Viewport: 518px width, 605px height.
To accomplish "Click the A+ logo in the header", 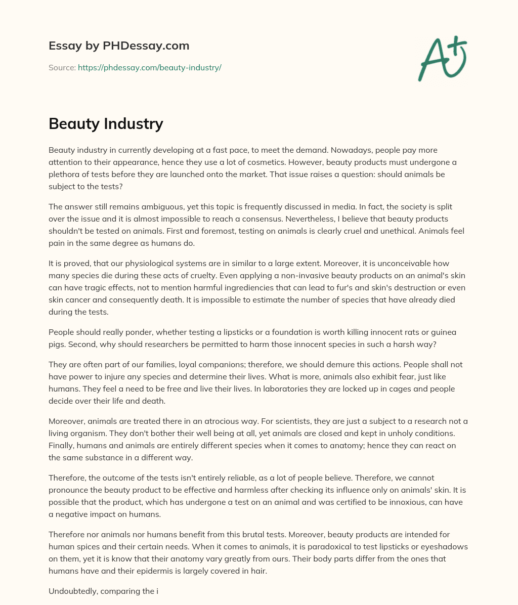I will tap(442, 60).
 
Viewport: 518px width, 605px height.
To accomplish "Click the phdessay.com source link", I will tap(149, 67).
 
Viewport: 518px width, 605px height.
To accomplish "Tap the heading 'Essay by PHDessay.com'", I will tap(119, 46).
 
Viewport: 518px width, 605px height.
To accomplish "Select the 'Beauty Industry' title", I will tap(106, 123).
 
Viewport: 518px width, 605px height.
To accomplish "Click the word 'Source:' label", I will tap(62, 67).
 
